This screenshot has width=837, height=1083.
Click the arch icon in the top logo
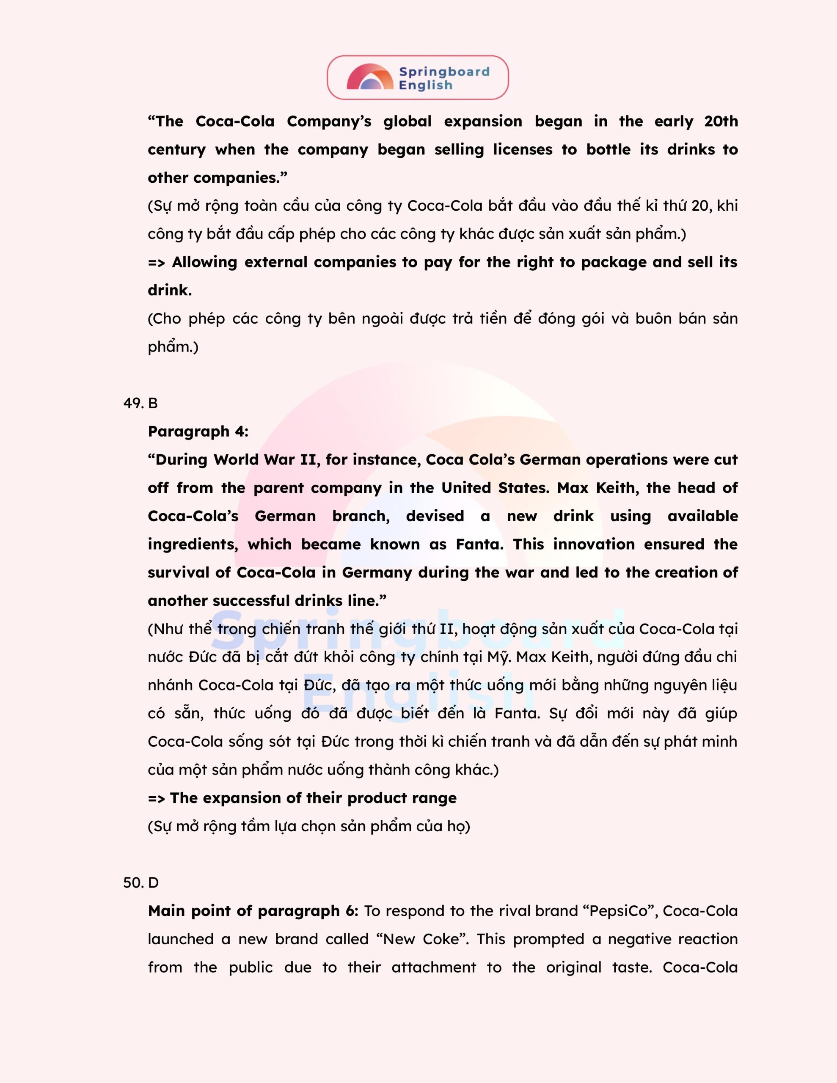click(370, 77)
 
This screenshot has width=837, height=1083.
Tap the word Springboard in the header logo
click(444, 71)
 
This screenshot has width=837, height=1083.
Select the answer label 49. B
click(140, 403)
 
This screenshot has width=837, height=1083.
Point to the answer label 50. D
click(141, 882)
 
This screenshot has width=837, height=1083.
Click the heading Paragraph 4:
click(198, 432)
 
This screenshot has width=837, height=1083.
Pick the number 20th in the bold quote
click(721, 121)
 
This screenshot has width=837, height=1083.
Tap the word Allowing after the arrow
click(204, 262)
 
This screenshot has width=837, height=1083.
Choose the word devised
click(435, 516)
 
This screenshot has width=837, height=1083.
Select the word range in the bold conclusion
click(435, 798)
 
